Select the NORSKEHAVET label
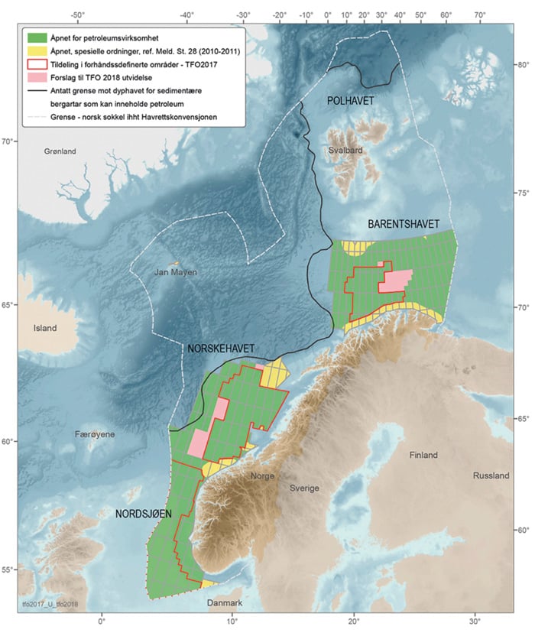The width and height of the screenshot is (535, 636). click(221, 349)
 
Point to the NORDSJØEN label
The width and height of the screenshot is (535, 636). click(143, 514)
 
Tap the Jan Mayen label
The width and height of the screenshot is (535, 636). click(175, 271)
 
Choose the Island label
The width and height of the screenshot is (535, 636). click(45, 328)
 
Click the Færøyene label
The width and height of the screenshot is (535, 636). click(96, 434)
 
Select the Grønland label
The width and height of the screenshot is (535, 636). click(59, 152)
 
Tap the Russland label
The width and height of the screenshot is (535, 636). click(491, 475)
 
